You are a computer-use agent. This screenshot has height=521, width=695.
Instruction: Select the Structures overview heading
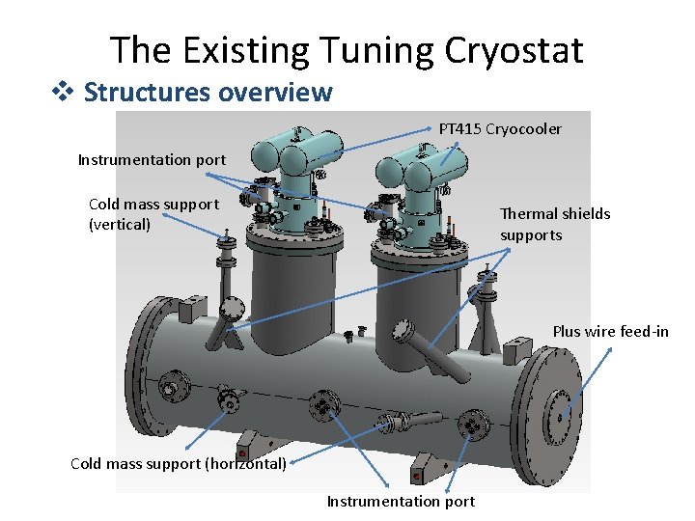[x=208, y=93]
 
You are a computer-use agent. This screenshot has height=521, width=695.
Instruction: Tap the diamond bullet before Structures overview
[x=70, y=93]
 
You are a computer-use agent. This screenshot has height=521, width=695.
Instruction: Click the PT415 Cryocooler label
[x=500, y=128]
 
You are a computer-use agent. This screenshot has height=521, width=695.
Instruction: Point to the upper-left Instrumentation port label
[x=152, y=160]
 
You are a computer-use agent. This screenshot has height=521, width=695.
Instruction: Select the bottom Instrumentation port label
[x=401, y=501]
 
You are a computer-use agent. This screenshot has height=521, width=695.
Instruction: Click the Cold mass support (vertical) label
[x=153, y=214]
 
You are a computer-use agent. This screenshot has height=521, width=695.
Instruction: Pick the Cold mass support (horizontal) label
[x=179, y=463]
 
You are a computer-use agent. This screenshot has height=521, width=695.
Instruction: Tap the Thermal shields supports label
[x=555, y=225]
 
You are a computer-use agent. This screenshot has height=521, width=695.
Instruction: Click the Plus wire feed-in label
[x=610, y=331]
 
